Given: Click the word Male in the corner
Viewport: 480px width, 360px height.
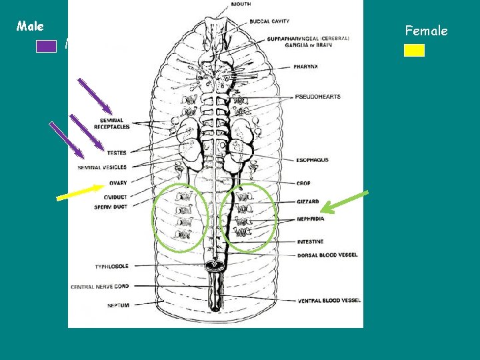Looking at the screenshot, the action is point(30,27).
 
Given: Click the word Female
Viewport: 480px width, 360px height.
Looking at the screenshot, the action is point(426,31).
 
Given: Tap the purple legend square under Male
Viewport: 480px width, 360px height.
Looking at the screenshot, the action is point(46,46).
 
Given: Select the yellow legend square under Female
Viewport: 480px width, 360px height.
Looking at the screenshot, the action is point(414,50).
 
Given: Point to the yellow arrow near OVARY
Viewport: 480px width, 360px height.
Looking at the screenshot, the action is point(80,191).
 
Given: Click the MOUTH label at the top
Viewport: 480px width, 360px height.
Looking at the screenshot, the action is point(241,5).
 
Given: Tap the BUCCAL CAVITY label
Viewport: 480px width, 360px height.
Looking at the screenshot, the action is point(269,21).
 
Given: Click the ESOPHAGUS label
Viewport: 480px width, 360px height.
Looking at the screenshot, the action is point(312,160).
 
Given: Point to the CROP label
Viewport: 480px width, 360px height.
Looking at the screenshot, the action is point(303,183).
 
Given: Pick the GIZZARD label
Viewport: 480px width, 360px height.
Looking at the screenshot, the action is point(307,201).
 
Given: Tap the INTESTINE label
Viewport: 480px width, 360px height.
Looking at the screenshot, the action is point(310,241).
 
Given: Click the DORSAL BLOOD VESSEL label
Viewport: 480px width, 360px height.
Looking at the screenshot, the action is point(327,255).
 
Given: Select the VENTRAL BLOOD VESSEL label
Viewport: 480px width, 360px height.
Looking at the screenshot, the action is point(329,301).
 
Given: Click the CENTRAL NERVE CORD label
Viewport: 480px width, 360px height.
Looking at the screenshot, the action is point(99,286).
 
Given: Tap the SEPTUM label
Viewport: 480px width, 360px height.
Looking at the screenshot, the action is point(118,305).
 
